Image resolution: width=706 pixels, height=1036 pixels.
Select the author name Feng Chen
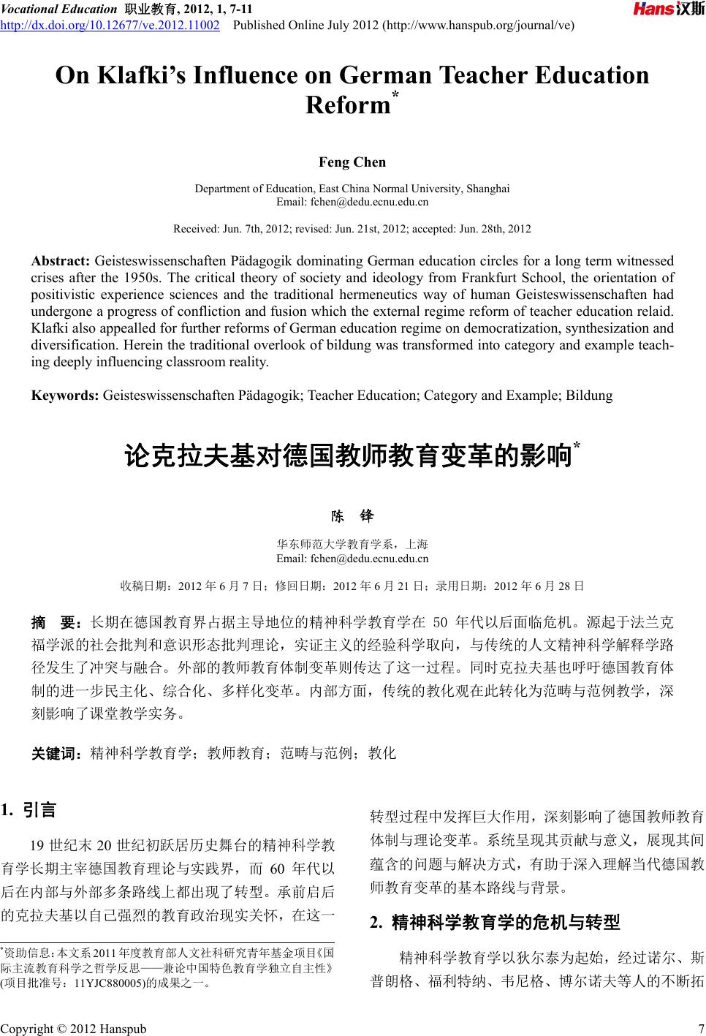352,162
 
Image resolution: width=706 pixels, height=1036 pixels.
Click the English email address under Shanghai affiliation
352,202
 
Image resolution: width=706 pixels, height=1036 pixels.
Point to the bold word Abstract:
61,261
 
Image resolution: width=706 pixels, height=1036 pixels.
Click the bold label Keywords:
65,396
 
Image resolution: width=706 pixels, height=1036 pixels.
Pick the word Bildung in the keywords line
589,396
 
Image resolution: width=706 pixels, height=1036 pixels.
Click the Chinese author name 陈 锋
352,516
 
